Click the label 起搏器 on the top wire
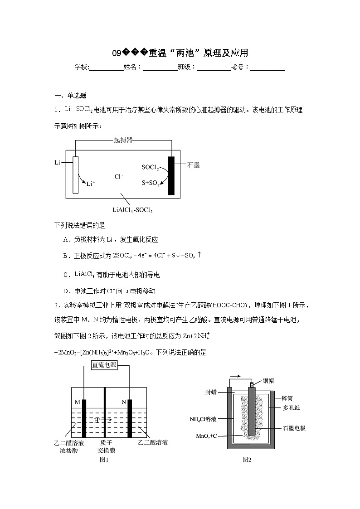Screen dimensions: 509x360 pos(123,141)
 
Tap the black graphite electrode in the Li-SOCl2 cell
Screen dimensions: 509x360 pos(171,175)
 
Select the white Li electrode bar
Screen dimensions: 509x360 pos(75,175)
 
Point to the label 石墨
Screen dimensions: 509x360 pos(194,165)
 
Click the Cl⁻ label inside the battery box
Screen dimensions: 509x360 pos(119,176)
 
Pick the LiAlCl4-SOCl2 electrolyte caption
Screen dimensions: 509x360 pos(132,210)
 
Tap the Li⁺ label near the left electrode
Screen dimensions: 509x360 pos(91,184)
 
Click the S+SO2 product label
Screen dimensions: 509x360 pos(151,184)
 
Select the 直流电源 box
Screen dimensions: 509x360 pos(105,365)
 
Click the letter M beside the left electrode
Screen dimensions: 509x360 pos(77,402)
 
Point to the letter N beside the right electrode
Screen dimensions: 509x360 pos(124,402)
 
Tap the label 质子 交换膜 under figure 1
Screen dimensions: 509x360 pos(106,446)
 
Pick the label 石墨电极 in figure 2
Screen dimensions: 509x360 pos(294,428)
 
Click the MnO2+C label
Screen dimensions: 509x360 pos(208,436)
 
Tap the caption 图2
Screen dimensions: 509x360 pos(247,460)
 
